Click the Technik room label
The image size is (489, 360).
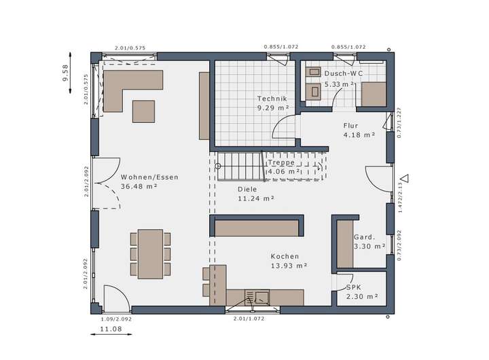[272, 98]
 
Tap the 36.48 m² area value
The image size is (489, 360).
[139, 187]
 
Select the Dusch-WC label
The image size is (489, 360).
[344, 73]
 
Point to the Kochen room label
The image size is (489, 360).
[285, 256]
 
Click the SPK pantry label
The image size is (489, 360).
[354, 287]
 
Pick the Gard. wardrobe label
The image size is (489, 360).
[364, 237]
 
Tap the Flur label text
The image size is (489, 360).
[350, 126]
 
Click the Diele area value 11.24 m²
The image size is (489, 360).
[256, 198]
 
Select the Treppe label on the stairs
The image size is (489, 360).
[281, 162]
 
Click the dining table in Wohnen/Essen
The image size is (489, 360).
[151, 254]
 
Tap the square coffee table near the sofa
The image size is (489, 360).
[143, 111]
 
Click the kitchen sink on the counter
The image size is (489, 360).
[257, 297]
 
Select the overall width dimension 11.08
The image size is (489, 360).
[111, 329]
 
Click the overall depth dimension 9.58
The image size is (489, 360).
[65, 73]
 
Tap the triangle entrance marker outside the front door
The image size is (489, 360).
[405, 179]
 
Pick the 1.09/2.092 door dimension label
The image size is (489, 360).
[116, 319]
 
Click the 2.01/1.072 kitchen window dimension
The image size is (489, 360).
[249, 319]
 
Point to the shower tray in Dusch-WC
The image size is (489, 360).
[374, 94]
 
